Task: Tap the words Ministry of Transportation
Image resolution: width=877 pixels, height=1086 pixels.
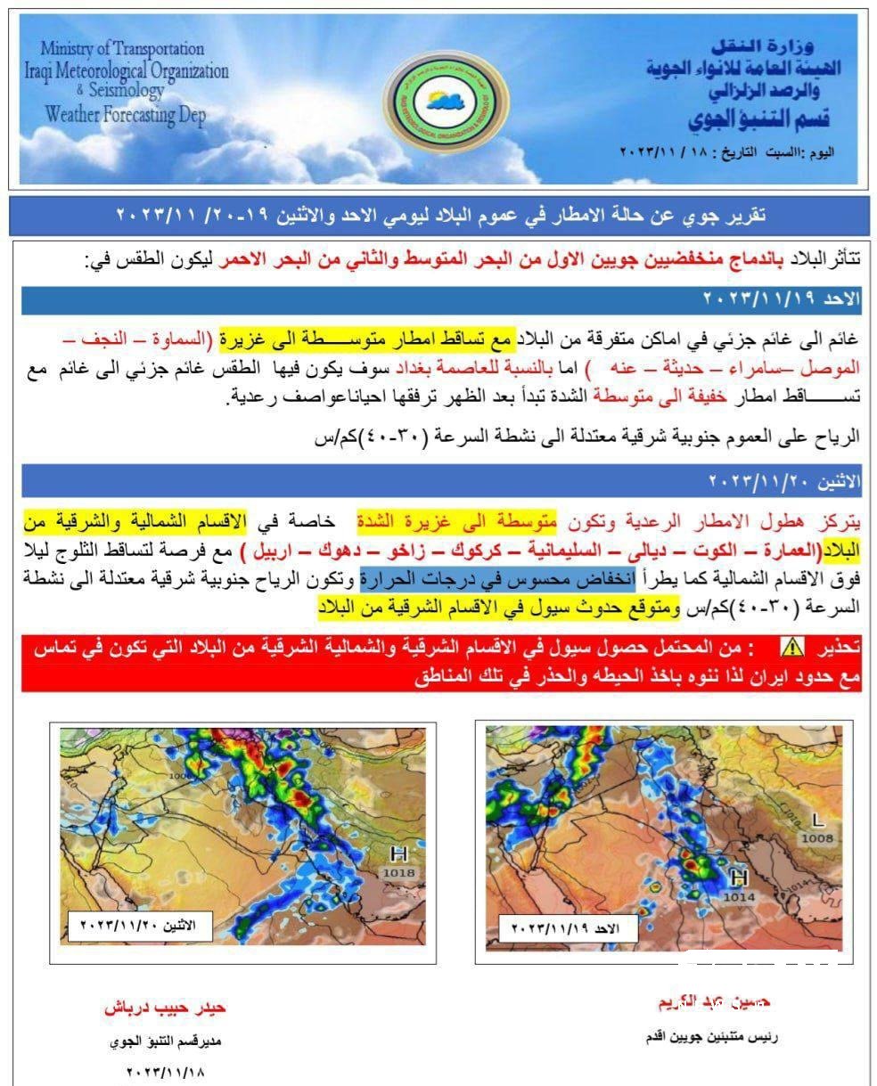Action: point(122,49)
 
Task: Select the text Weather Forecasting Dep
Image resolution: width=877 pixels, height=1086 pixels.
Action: point(125,114)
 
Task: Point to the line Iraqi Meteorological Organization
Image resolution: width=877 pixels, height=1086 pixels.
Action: point(127,70)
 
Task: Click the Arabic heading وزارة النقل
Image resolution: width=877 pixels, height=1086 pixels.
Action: point(757,45)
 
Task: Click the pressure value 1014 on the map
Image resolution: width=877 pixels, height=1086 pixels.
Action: point(738,897)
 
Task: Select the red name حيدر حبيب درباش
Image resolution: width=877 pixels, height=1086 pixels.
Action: point(166,1008)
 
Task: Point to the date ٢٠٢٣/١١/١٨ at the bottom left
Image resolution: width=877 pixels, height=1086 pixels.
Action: point(166,1072)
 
